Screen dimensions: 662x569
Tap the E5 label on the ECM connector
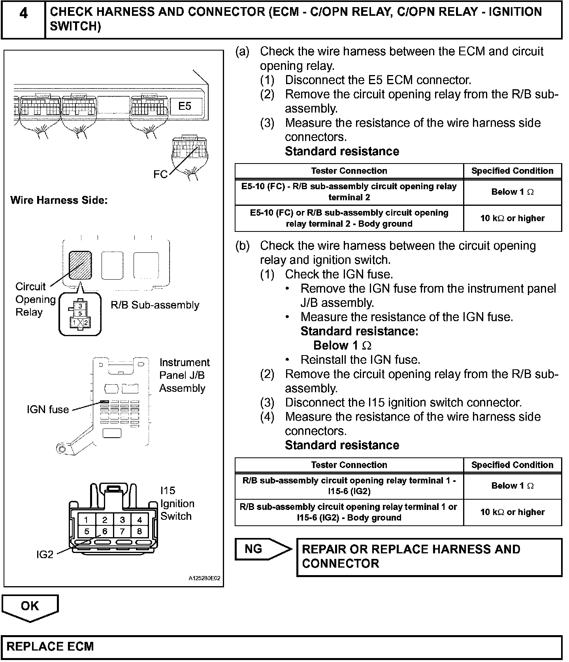point(185,106)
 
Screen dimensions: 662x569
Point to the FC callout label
point(160,174)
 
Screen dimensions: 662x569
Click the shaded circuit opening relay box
point(81,265)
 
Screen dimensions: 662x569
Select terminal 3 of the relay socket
point(80,306)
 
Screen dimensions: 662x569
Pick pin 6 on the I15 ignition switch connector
point(105,531)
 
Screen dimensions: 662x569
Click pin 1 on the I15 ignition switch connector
point(87,520)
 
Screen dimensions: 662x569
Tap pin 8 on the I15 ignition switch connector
point(139,531)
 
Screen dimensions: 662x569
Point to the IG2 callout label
point(45,555)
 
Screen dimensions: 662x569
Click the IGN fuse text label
point(48,410)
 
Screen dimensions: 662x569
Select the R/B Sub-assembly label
point(155,305)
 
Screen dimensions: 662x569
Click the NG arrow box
point(261,549)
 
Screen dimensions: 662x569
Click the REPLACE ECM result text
point(50,647)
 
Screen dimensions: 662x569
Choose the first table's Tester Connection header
point(349,171)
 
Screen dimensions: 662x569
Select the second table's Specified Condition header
point(512,465)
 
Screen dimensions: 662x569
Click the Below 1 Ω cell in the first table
point(512,192)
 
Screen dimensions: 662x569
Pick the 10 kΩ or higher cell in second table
point(512,512)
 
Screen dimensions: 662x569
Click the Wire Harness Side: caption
point(59,200)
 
